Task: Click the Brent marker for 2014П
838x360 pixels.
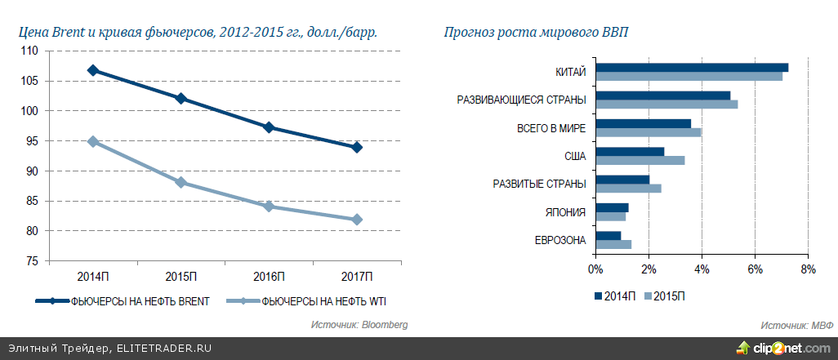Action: click(93, 70)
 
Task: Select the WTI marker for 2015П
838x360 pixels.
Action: click(181, 182)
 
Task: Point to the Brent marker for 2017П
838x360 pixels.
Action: click(357, 147)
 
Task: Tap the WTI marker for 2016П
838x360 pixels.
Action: click(269, 207)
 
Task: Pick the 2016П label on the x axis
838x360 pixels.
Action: click(269, 275)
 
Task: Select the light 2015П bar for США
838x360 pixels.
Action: click(640, 160)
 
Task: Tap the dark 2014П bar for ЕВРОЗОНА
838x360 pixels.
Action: click(608, 235)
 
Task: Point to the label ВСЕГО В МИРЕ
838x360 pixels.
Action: click(551, 128)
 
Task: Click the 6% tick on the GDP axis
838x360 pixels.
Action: click(755, 269)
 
